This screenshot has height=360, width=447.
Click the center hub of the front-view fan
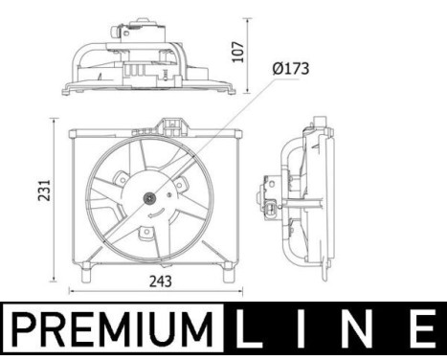[x=148, y=199]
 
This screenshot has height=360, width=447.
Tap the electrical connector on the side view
[x=276, y=210]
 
